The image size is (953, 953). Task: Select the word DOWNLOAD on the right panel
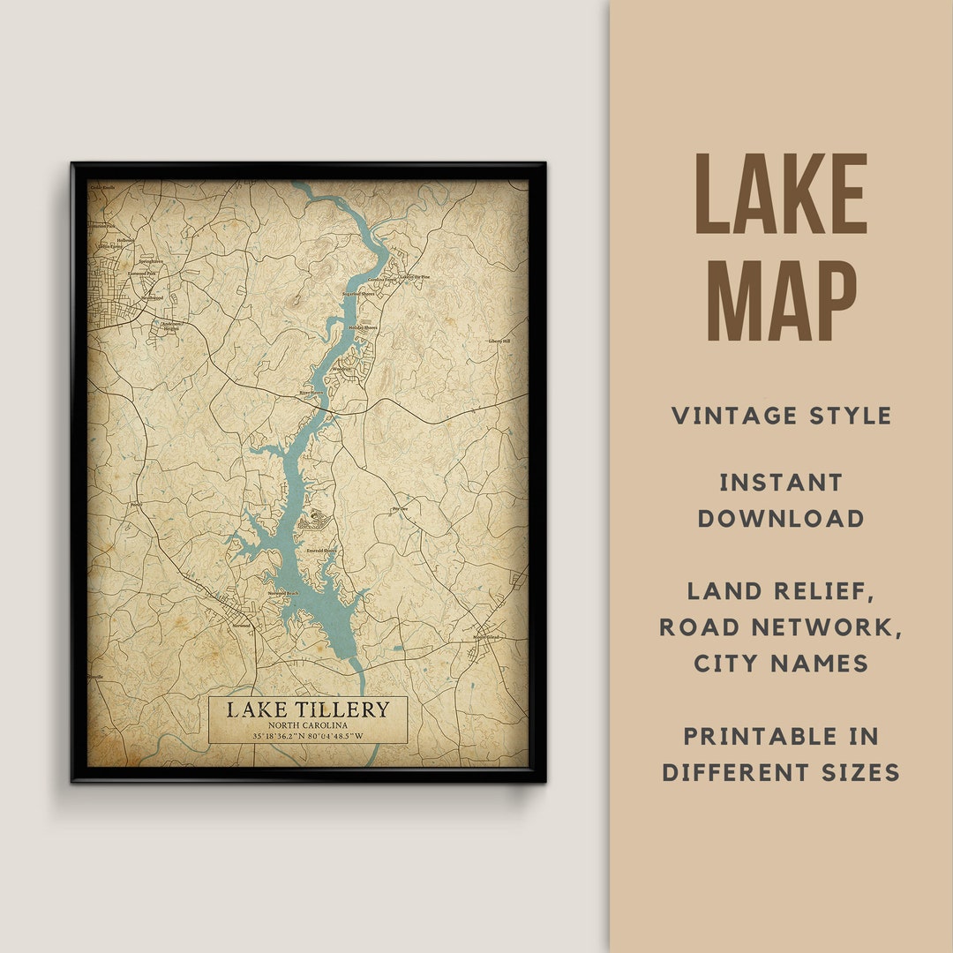pyautogui.click(x=781, y=519)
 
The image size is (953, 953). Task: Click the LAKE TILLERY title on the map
pyautogui.click(x=307, y=709)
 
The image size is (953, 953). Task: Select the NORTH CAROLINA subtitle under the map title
pyautogui.click(x=307, y=725)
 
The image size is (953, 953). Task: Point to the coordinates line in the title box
pyautogui.click(x=307, y=736)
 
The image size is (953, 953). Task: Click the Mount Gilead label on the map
pyautogui.click(x=486, y=636)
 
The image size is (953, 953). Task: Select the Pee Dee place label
pyautogui.click(x=400, y=509)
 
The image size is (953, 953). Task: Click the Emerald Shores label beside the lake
pyautogui.click(x=321, y=551)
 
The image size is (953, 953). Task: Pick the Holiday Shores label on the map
pyautogui.click(x=362, y=326)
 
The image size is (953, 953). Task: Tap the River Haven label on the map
pyautogui.click(x=311, y=393)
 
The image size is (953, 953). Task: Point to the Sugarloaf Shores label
pyautogui.click(x=359, y=293)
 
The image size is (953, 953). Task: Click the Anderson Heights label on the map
pyautogui.click(x=169, y=325)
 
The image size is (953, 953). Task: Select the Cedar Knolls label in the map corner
pyautogui.click(x=102, y=188)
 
